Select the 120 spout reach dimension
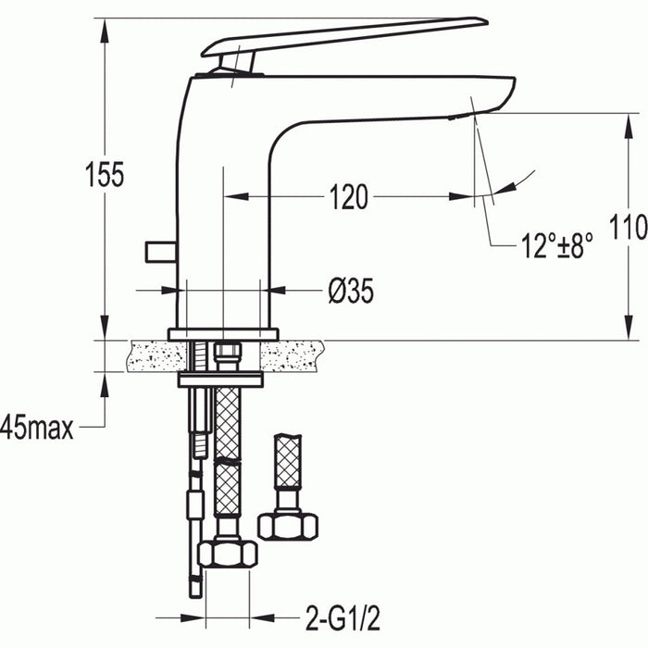tap(347, 196)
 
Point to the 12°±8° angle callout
tap(555, 247)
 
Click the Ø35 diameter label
tap(351, 292)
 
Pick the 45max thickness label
tap(38, 428)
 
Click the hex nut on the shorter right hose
tap(288, 524)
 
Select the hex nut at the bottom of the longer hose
tap(228, 553)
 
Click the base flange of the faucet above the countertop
tap(223, 333)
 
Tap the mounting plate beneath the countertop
tap(220, 379)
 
